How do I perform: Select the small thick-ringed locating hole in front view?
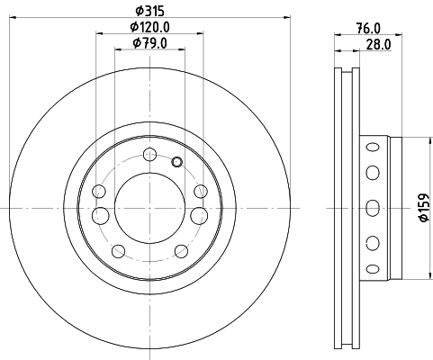click(176, 162)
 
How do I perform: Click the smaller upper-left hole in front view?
click(99, 191)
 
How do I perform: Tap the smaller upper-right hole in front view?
click(200, 191)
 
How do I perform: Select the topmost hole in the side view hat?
click(369, 147)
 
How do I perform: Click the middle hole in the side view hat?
click(369, 205)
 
